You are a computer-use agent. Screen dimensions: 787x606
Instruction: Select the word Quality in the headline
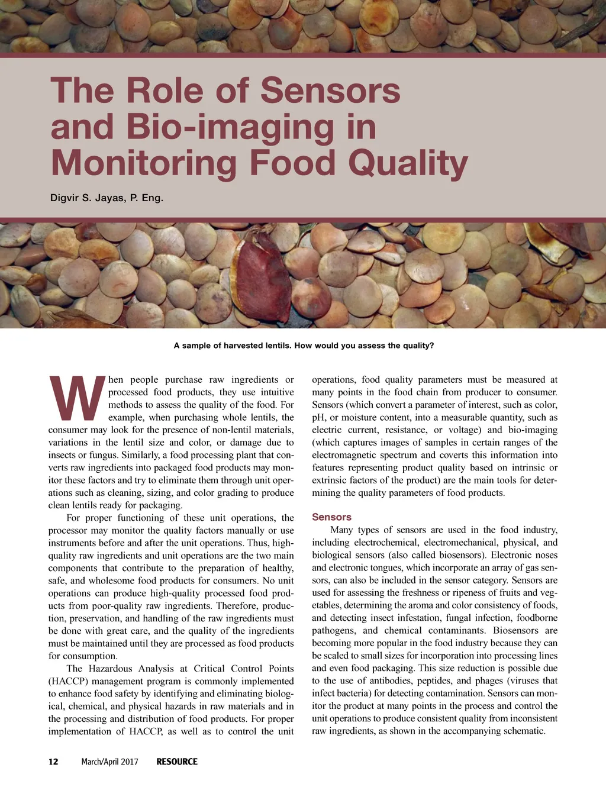[408, 164]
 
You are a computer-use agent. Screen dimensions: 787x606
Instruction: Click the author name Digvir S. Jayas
[86, 198]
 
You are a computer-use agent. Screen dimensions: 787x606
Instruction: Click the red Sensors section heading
[331, 517]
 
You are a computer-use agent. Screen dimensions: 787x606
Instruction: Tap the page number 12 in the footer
[53, 762]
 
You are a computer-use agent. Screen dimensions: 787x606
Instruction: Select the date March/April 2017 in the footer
[109, 762]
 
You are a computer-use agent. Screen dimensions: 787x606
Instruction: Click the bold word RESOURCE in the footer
[177, 762]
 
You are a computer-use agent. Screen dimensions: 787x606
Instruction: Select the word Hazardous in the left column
[110, 669]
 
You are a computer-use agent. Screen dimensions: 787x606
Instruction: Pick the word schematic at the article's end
[524, 731]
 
